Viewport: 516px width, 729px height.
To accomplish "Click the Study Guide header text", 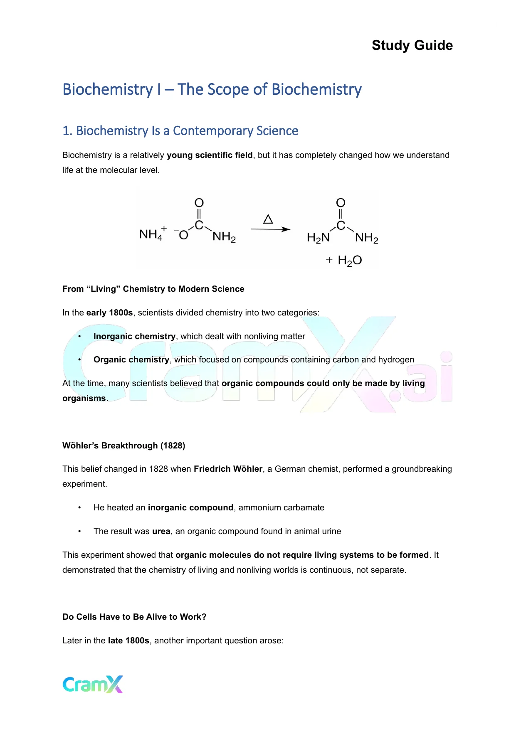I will pyautogui.click(x=412, y=45).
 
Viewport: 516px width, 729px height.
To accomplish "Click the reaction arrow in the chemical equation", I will pyautogui.click(x=270, y=229).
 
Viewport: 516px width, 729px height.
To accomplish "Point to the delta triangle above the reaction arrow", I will pyautogui.click(x=268, y=219).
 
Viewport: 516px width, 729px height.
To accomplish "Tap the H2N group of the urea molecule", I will pyautogui.click(x=318, y=238).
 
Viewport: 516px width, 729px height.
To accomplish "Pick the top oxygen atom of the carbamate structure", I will pyautogui.click(x=199, y=203).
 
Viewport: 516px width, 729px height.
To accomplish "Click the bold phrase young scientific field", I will pyautogui.click(x=210, y=155).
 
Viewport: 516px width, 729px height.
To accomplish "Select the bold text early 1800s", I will pyautogui.click(x=109, y=313).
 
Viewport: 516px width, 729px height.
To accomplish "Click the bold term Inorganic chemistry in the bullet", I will pyautogui.click(x=134, y=337).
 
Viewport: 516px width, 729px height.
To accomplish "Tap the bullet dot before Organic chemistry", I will pyautogui.click(x=79, y=360).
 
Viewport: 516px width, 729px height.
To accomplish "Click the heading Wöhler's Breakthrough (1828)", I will pyautogui.click(x=123, y=446).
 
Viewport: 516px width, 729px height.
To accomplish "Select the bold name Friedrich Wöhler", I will pyautogui.click(x=228, y=469).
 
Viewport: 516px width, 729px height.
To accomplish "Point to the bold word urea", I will pyautogui.click(x=161, y=532).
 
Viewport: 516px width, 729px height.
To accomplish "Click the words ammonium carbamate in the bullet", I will pyautogui.click(x=281, y=508).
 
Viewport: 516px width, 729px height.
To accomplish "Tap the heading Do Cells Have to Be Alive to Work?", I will pyautogui.click(x=134, y=617).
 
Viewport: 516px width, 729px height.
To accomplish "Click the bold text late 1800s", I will pyautogui.click(x=128, y=641).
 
